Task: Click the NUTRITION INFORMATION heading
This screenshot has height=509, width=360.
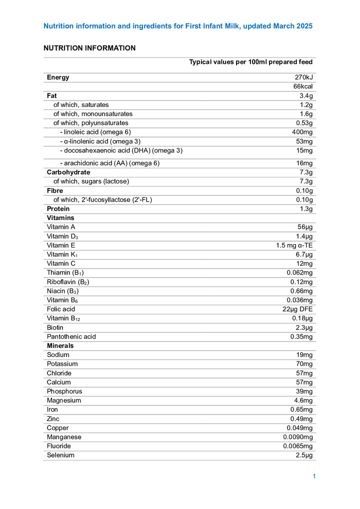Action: pos(89,48)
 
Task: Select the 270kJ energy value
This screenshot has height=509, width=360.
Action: pos(303,77)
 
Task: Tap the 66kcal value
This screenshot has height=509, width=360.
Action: pos(303,86)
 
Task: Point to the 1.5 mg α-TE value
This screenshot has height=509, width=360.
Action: pos(294,245)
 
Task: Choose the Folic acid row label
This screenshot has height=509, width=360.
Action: pos(61,309)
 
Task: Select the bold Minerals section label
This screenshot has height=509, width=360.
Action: pos(60,345)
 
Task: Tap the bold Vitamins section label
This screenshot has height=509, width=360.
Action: pos(60,218)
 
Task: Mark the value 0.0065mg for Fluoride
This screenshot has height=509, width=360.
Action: pos(298,446)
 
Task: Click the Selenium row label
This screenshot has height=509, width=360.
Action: pos(60,455)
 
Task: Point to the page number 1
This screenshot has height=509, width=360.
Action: pos(314,476)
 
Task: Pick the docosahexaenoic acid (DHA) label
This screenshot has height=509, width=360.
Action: pos(121,150)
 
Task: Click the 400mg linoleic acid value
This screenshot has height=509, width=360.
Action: pos(302,132)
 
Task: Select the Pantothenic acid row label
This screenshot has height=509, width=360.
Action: pos(71,336)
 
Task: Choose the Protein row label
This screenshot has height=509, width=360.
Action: pos(58,208)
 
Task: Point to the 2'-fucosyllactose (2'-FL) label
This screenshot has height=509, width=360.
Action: pos(102,199)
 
